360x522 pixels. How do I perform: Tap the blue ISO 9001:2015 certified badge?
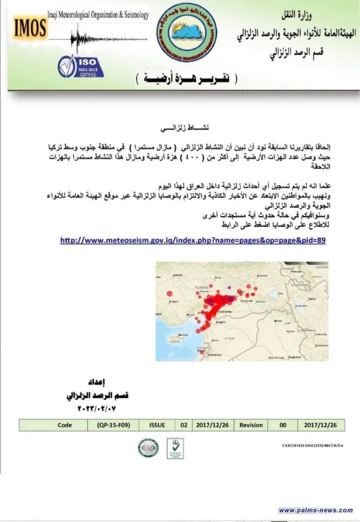point(80,66)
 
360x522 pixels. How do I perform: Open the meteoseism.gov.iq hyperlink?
point(193,240)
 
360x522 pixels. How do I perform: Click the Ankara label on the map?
point(178,275)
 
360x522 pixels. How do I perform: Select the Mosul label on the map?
point(278,321)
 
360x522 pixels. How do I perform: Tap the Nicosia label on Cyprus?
point(174,335)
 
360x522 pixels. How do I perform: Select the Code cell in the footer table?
point(65,425)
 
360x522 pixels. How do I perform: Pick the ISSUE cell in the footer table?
point(157,425)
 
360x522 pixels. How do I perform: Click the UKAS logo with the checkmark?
point(175,448)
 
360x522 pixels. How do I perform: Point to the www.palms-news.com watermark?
point(316,510)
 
